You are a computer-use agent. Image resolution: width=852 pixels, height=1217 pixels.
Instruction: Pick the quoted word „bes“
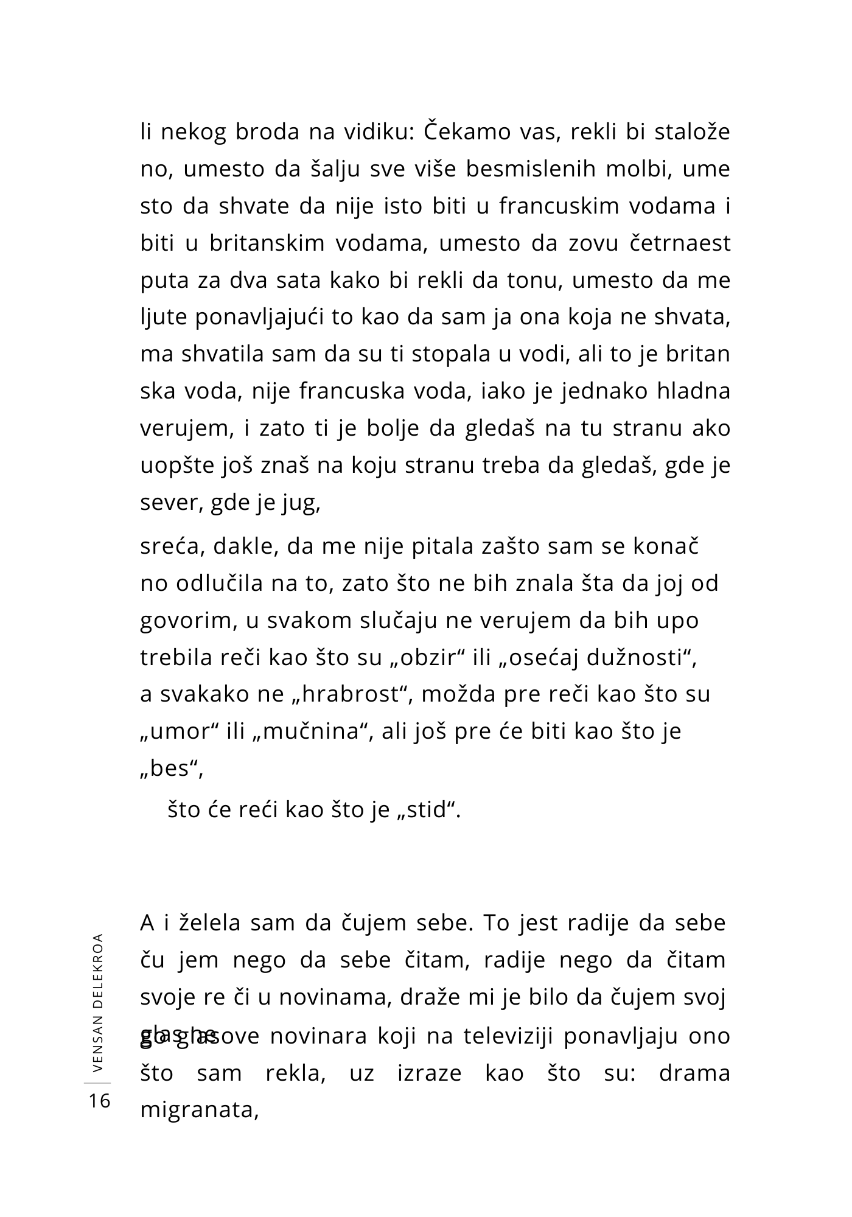pos(170,769)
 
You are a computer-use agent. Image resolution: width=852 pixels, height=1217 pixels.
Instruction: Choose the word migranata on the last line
pos(200,1110)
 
